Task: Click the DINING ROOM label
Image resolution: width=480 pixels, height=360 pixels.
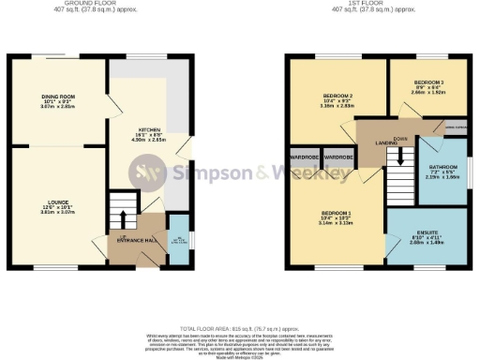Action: click(x=57, y=97)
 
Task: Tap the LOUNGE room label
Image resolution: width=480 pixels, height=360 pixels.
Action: click(x=57, y=200)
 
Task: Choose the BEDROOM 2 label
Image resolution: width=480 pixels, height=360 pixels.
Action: click(x=336, y=97)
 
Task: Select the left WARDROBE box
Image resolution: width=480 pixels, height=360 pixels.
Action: click(x=305, y=157)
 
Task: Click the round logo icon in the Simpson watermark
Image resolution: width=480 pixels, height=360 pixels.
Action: click(x=150, y=172)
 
